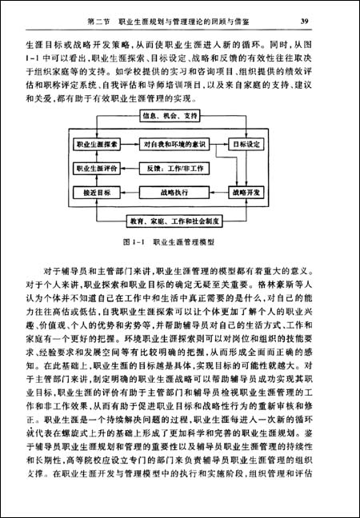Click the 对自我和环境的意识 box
tap(174, 145)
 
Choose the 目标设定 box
tap(247, 145)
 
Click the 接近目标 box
tap(96, 193)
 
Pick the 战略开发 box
tap(247, 193)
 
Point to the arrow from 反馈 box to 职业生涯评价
tap(132, 169)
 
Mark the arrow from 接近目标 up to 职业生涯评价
tap(96, 181)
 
